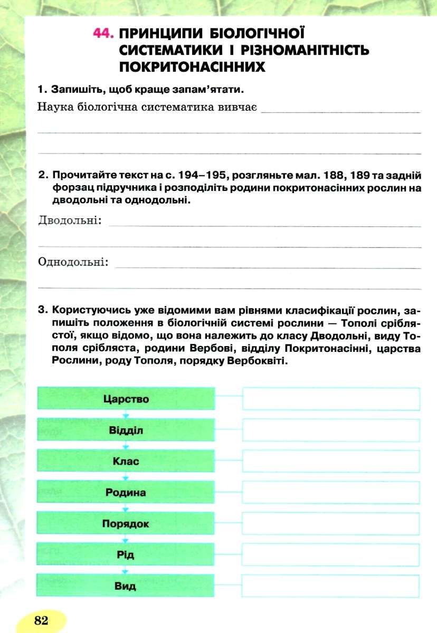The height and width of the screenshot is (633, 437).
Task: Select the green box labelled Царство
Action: point(126,399)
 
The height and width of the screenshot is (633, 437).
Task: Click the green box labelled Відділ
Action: point(126,430)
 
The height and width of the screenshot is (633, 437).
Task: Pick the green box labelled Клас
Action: point(126,461)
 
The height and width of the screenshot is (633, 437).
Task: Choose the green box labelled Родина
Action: point(126,492)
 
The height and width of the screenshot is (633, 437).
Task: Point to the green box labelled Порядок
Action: point(126,524)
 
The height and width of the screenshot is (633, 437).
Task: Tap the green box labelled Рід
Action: point(126,555)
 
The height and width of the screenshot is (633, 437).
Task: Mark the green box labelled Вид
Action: point(126,586)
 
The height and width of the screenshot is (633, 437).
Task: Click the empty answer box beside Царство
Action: point(331,399)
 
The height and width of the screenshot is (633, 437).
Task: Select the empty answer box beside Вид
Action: point(331,586)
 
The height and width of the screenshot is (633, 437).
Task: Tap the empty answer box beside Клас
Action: point(331,461)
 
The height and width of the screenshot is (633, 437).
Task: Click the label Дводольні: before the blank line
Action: point(70,220)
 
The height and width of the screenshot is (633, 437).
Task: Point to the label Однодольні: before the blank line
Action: point(73,262)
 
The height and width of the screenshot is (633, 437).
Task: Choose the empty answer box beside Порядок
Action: point(331,524)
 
